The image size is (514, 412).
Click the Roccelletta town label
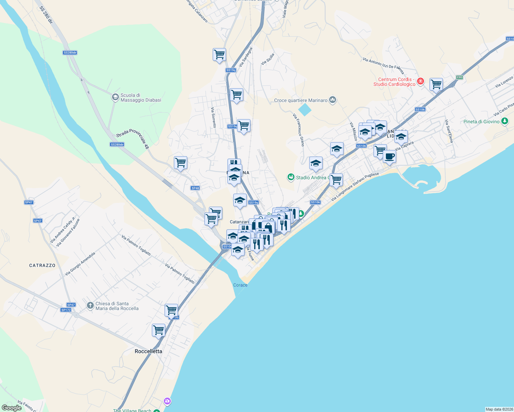148,351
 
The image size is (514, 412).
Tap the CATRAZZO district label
42,265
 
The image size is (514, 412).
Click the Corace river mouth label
240,285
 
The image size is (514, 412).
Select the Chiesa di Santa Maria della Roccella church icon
90,305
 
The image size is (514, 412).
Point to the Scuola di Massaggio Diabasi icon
115,97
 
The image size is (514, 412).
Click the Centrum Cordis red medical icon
421,81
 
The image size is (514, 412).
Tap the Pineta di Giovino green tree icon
504,121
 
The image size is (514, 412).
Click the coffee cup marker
389,157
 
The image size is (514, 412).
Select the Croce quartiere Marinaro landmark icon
332,100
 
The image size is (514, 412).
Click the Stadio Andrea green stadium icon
291,177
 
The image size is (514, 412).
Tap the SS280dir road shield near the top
70,53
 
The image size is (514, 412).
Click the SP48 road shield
195,188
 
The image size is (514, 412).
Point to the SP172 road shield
66,310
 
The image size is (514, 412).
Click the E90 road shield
459,77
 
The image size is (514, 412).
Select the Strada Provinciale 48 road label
133,138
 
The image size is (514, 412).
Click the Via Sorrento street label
213,117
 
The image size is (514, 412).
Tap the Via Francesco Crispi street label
299,130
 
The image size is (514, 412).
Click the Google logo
12,408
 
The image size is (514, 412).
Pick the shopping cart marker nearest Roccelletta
158,330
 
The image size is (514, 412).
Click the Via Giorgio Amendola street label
80,264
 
